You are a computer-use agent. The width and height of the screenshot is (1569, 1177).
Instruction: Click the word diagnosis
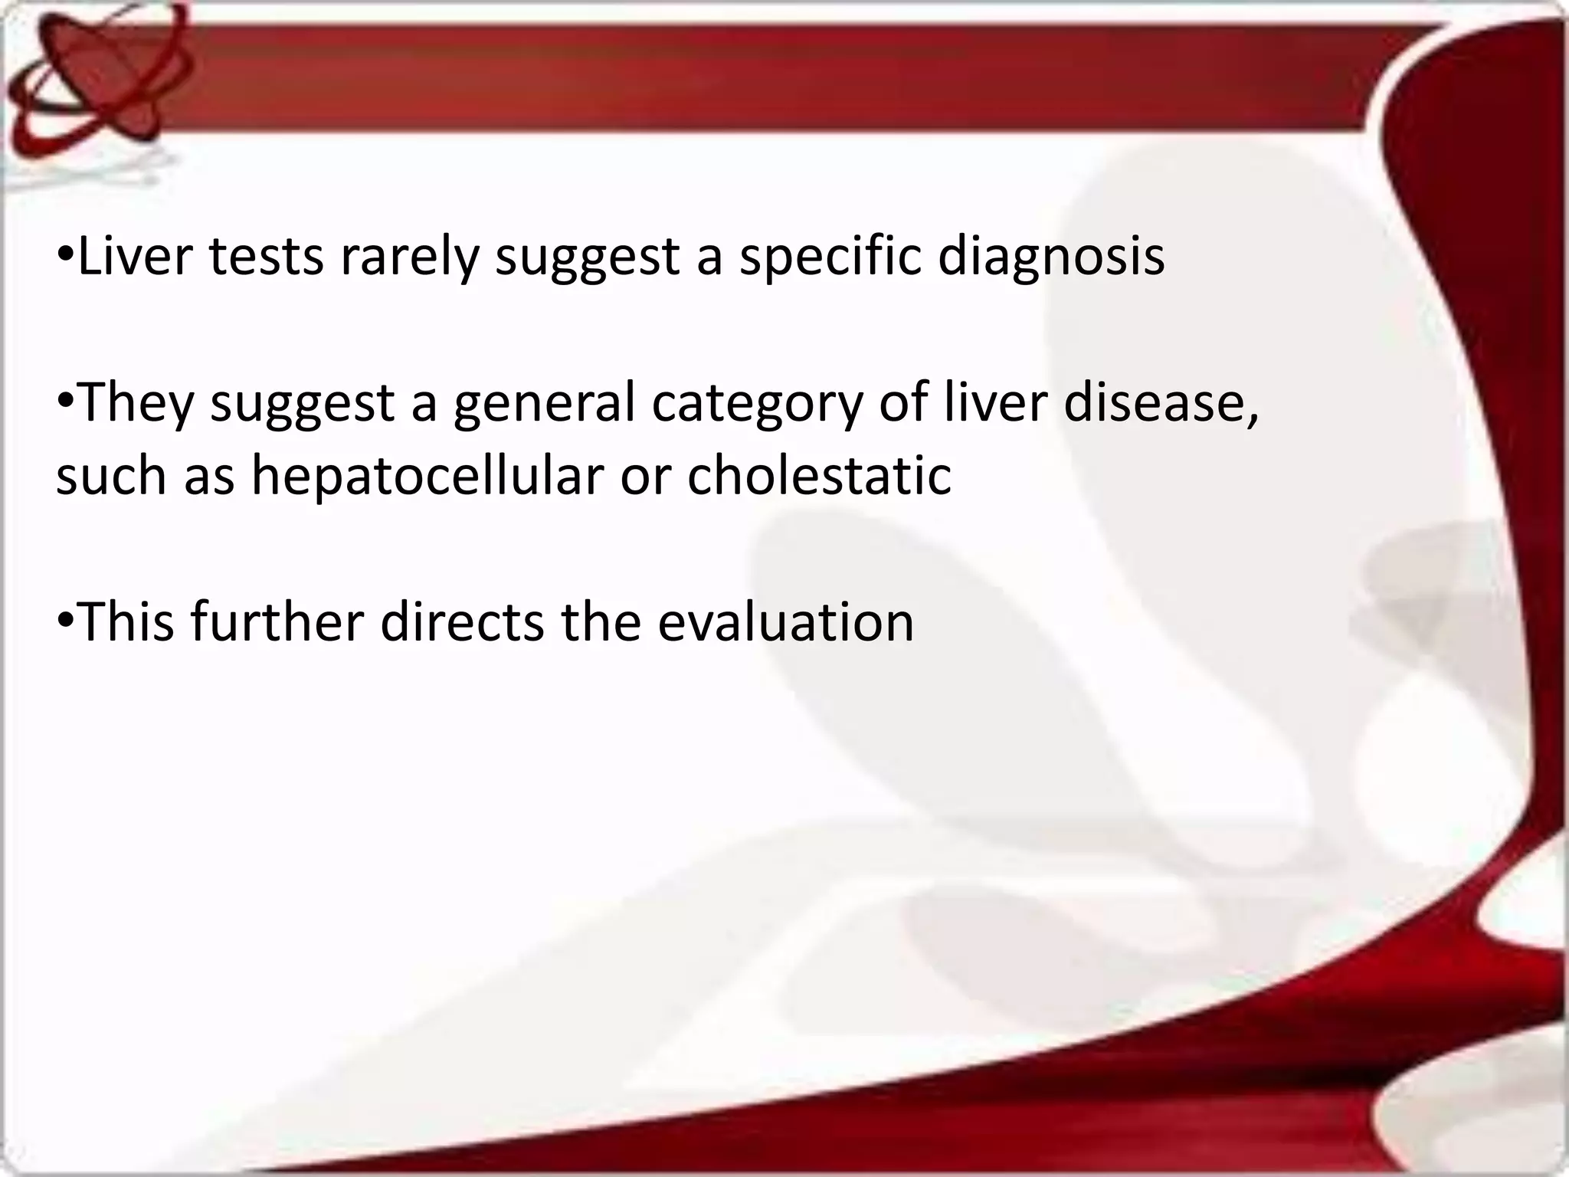[1051, 257]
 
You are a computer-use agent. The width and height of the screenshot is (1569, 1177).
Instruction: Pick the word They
[136, 403]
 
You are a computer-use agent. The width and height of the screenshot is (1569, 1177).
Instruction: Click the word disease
[1160, 403]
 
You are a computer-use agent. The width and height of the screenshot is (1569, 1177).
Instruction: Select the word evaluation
[786, 621]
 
